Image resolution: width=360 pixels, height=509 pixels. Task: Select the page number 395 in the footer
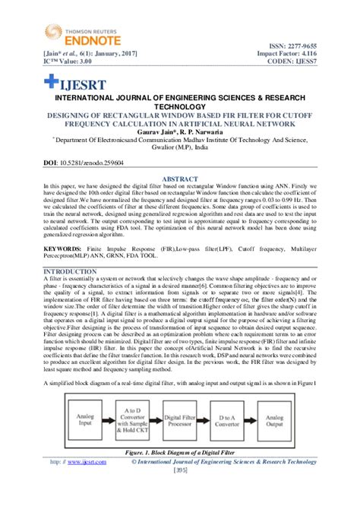[180, 470]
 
